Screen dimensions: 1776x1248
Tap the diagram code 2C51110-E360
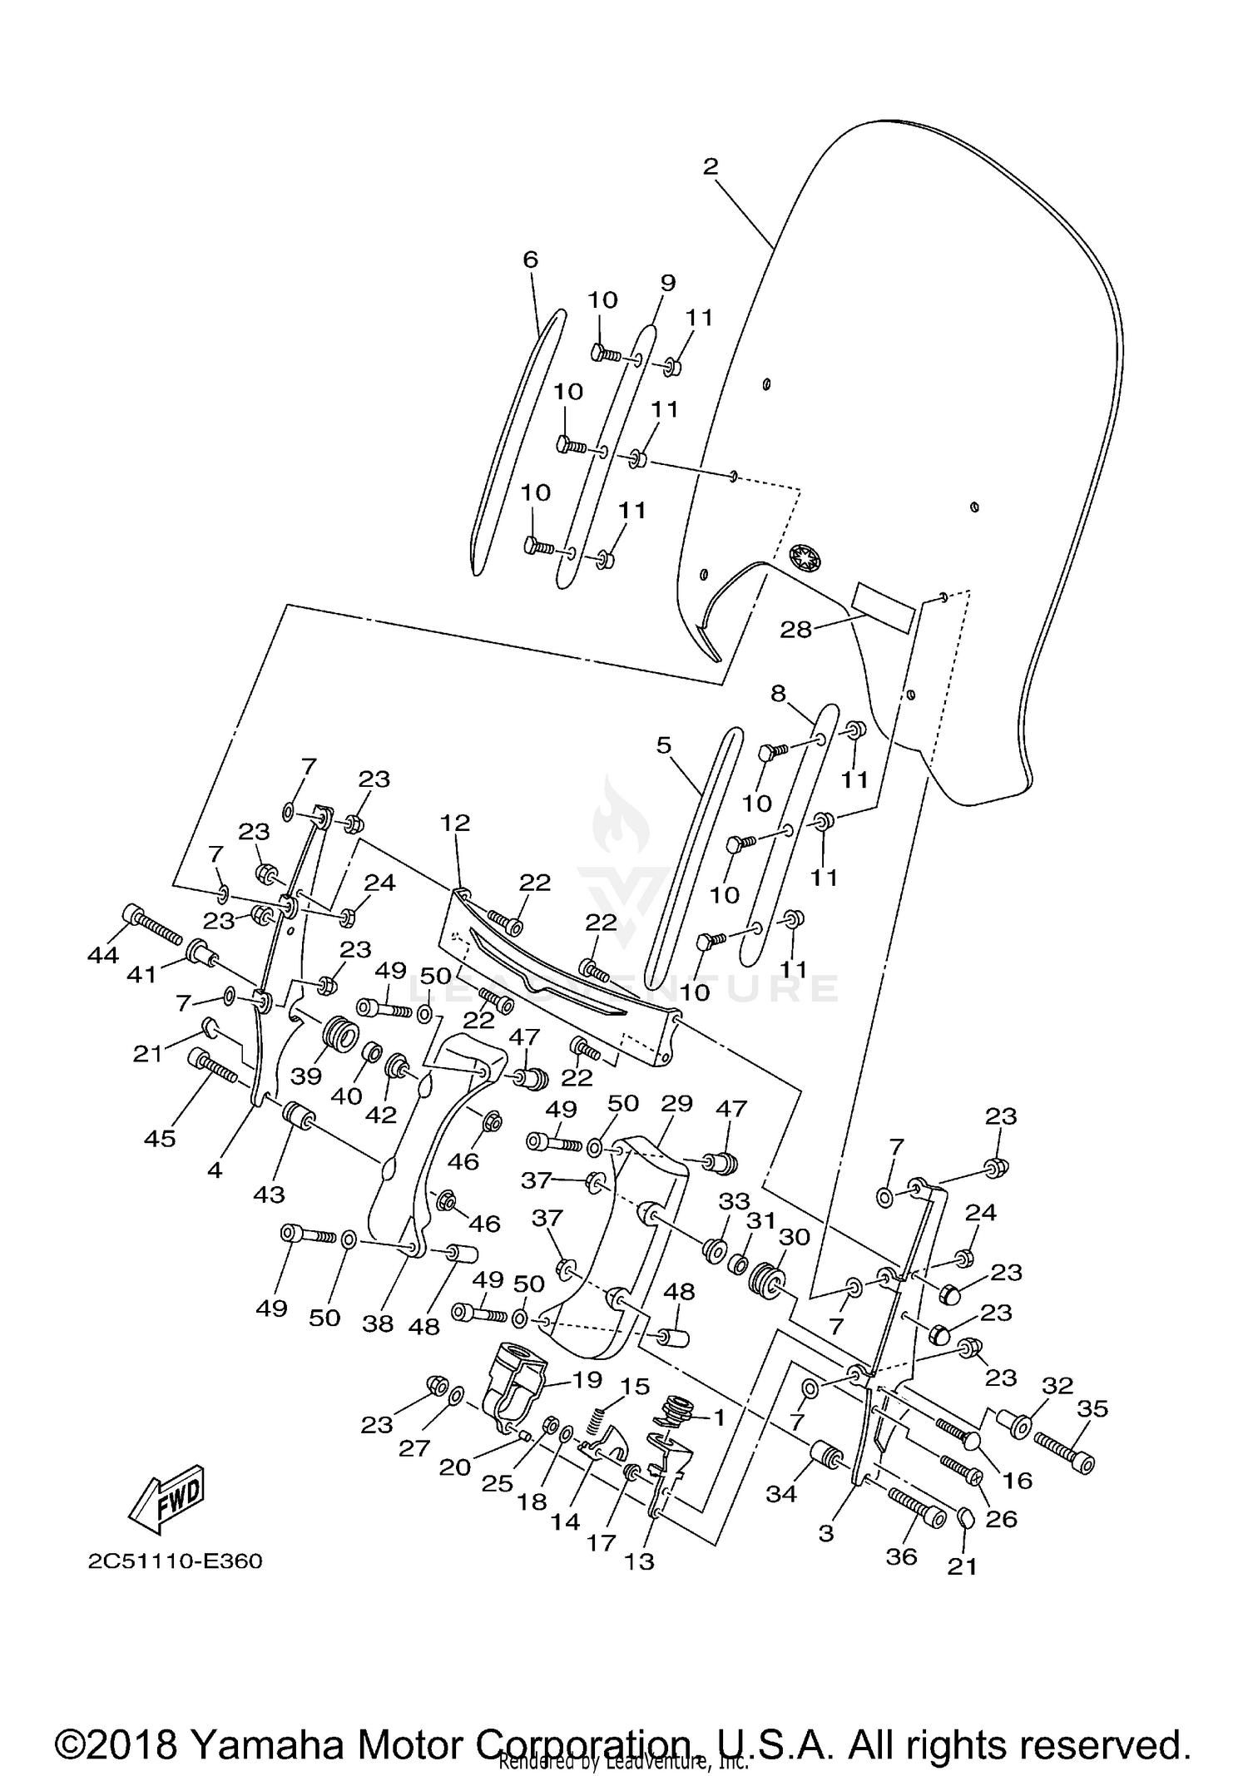[x=176, y=1561]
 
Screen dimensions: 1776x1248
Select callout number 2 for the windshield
[x=710, y=166]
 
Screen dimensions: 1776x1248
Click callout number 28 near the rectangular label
[x=795, y=630]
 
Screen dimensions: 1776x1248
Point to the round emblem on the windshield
[x=805, y=557]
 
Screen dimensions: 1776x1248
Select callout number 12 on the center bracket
[x=457, y=823]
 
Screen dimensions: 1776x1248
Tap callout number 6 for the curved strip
[x=531, y=260]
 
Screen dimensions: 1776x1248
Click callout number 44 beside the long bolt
[x=103, y=955]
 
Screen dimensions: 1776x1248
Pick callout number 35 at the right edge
[x=1093, y=1408]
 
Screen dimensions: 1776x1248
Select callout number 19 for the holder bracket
[x=587, y=1380]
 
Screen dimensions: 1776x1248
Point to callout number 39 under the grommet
[x=306, y=1076]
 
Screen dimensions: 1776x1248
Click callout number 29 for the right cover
[x=676, y=1104]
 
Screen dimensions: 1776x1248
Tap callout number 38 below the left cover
[x=378, y=1323]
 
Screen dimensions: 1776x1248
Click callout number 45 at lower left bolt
[x=160, y=1138]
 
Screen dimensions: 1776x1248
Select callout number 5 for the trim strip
[x=663, y=745]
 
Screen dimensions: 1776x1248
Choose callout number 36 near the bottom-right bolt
[x=901, y=1556]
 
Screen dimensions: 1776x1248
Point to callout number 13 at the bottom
[x=639, y=1561]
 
